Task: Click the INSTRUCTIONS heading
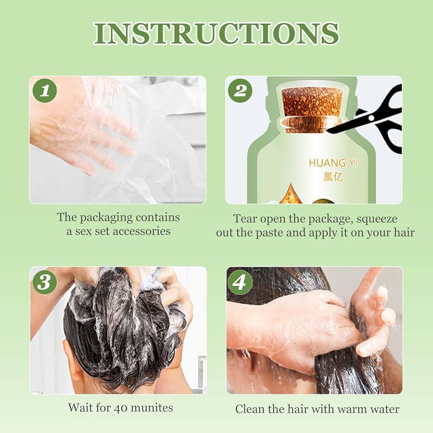click(216, 33)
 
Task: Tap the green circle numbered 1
click(45, 91)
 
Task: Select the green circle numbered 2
click(241, 91)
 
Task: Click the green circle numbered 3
click(45, 282)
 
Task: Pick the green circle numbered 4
click(241, 282)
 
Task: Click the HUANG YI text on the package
click(333, 163)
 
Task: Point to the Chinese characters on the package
click(333, 177)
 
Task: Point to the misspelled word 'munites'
click(153, 407)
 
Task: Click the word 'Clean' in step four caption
click(250, 409)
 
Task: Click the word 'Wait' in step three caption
click(80, 407)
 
